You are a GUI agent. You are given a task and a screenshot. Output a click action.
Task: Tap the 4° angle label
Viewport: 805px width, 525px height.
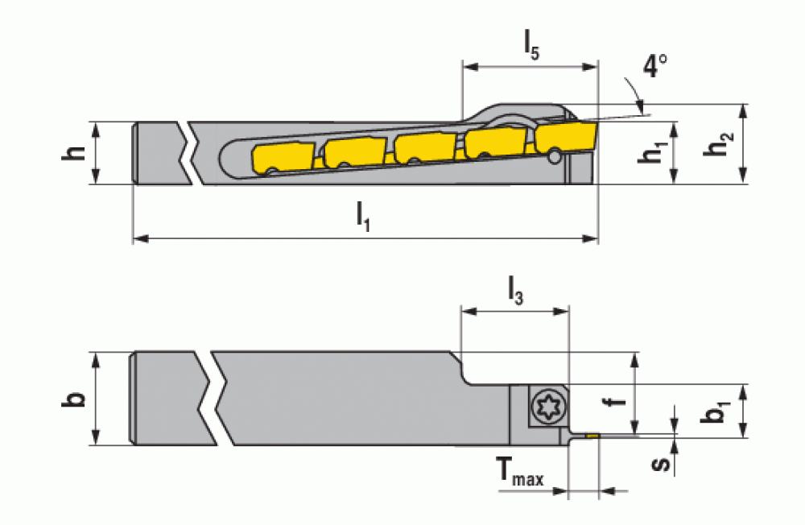tap(654, 66)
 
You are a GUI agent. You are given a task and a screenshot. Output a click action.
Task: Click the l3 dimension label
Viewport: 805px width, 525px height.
tap(515, 291)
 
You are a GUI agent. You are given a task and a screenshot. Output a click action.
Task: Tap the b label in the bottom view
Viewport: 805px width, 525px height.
tap(74, 399)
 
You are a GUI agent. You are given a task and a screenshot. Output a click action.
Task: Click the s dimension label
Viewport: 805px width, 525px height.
tap(661, 463)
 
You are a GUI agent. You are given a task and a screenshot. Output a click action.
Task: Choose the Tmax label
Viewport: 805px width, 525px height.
tap(520, 472)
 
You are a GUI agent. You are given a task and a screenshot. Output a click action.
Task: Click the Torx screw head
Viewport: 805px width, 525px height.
tap(549, 407)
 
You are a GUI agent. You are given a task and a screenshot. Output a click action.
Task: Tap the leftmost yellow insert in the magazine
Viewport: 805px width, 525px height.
tap(283, 159)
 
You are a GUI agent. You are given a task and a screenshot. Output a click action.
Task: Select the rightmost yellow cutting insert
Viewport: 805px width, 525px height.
tap(565, 137)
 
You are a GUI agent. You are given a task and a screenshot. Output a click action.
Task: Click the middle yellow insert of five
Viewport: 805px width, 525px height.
tap(424, 148)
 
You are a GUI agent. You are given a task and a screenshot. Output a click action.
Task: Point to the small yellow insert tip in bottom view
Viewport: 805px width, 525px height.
tap(592, 436)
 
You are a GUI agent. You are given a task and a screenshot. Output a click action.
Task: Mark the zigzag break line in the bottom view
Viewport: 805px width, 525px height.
tap(216, 398)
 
